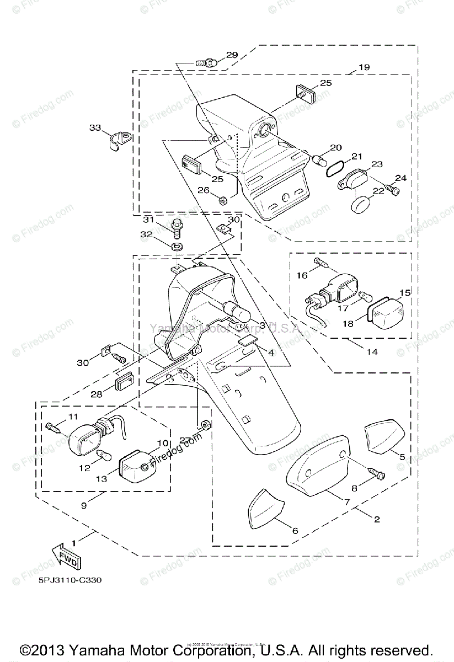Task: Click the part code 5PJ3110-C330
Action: coord(70,580)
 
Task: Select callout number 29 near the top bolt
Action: coord(231,55)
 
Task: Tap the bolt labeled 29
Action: coord(206,63)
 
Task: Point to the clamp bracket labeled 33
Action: coord(118,141)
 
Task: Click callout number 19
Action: coord(364,67)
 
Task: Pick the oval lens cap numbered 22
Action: coord(361,203)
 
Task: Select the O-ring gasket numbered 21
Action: coord(336,168)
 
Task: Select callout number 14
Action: coord(372,351)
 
